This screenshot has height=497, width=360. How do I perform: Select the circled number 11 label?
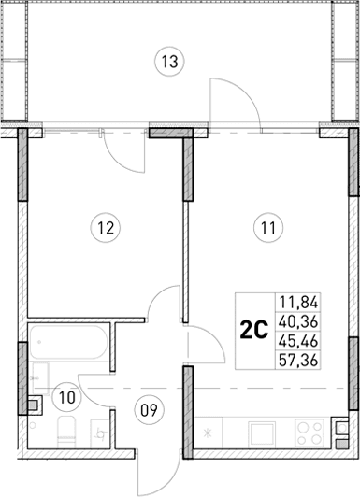coord(269,224)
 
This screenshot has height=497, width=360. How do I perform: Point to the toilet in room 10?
coord(65,433)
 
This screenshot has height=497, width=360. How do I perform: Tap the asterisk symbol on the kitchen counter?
coord(209,433)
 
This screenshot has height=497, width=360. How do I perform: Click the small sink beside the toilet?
coord(97,431)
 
